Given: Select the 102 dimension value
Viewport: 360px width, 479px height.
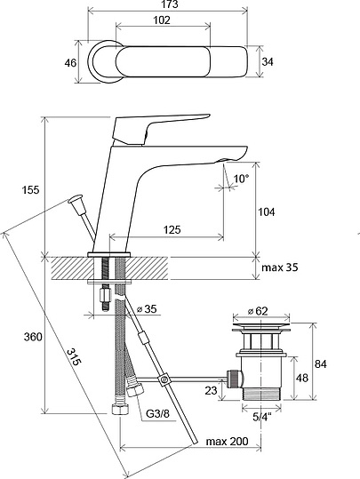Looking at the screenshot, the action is tap(162, 20).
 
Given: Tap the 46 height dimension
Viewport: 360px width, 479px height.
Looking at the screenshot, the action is tap(70, 63).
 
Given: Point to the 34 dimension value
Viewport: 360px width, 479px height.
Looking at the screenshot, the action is tap(268, 61).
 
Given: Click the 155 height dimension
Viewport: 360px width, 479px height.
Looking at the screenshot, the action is tap(30, 189).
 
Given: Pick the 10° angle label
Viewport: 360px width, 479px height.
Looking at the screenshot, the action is tap(242, 179).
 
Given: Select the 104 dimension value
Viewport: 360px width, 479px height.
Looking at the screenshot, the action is tap(267, 212).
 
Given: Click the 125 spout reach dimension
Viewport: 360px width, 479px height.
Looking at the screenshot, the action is tap(172, 229).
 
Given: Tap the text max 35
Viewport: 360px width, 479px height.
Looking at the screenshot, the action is tap(280, 267).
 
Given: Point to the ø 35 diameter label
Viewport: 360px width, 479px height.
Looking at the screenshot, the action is tap(147, 309).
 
